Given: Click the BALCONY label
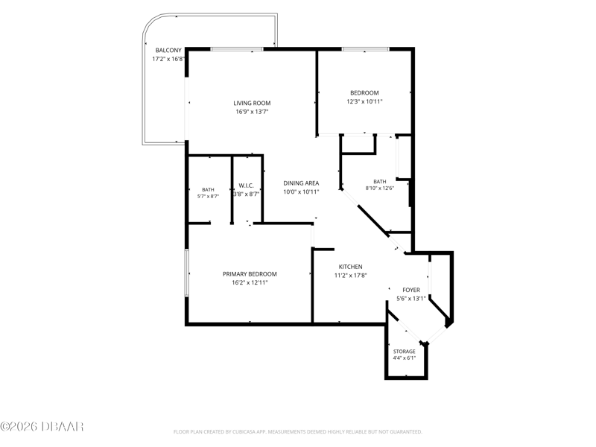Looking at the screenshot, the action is click(x=168, y=50).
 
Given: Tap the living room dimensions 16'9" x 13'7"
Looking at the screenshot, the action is click(x=252, y=112).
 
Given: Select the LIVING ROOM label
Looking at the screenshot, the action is click(x=252, y=103).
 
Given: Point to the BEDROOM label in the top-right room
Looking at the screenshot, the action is click(x=364, y=92).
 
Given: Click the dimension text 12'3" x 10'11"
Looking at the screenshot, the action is click(x=364, y=101).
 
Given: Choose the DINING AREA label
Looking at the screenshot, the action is click(x=301, y=183).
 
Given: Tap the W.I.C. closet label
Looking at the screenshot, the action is click(x=247, y=186).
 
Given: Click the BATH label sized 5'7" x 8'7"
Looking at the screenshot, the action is click(x=208, y=189).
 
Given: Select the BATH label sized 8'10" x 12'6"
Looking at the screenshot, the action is click(x=380, y=181).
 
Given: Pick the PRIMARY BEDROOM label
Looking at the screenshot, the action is click(x=250, y=274).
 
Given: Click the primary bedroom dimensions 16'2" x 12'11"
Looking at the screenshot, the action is click(x=250, y=283).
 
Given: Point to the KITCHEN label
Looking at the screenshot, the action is click(x=350, y=267).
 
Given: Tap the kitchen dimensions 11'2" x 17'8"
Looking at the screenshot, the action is click(x=350, y=276).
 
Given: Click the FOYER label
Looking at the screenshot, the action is click(x=411, y=290).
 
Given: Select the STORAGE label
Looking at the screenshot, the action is click(x=405, y=352).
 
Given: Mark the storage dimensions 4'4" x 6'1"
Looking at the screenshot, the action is click(x=405, y=358).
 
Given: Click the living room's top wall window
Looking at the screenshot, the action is click(x=237, y=49).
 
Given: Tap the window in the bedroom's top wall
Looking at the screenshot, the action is click(x=365, y=49).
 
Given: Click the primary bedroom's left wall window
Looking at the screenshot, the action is click(x=187, y=273).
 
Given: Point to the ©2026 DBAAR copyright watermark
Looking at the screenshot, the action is click(x=42, y=426).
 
